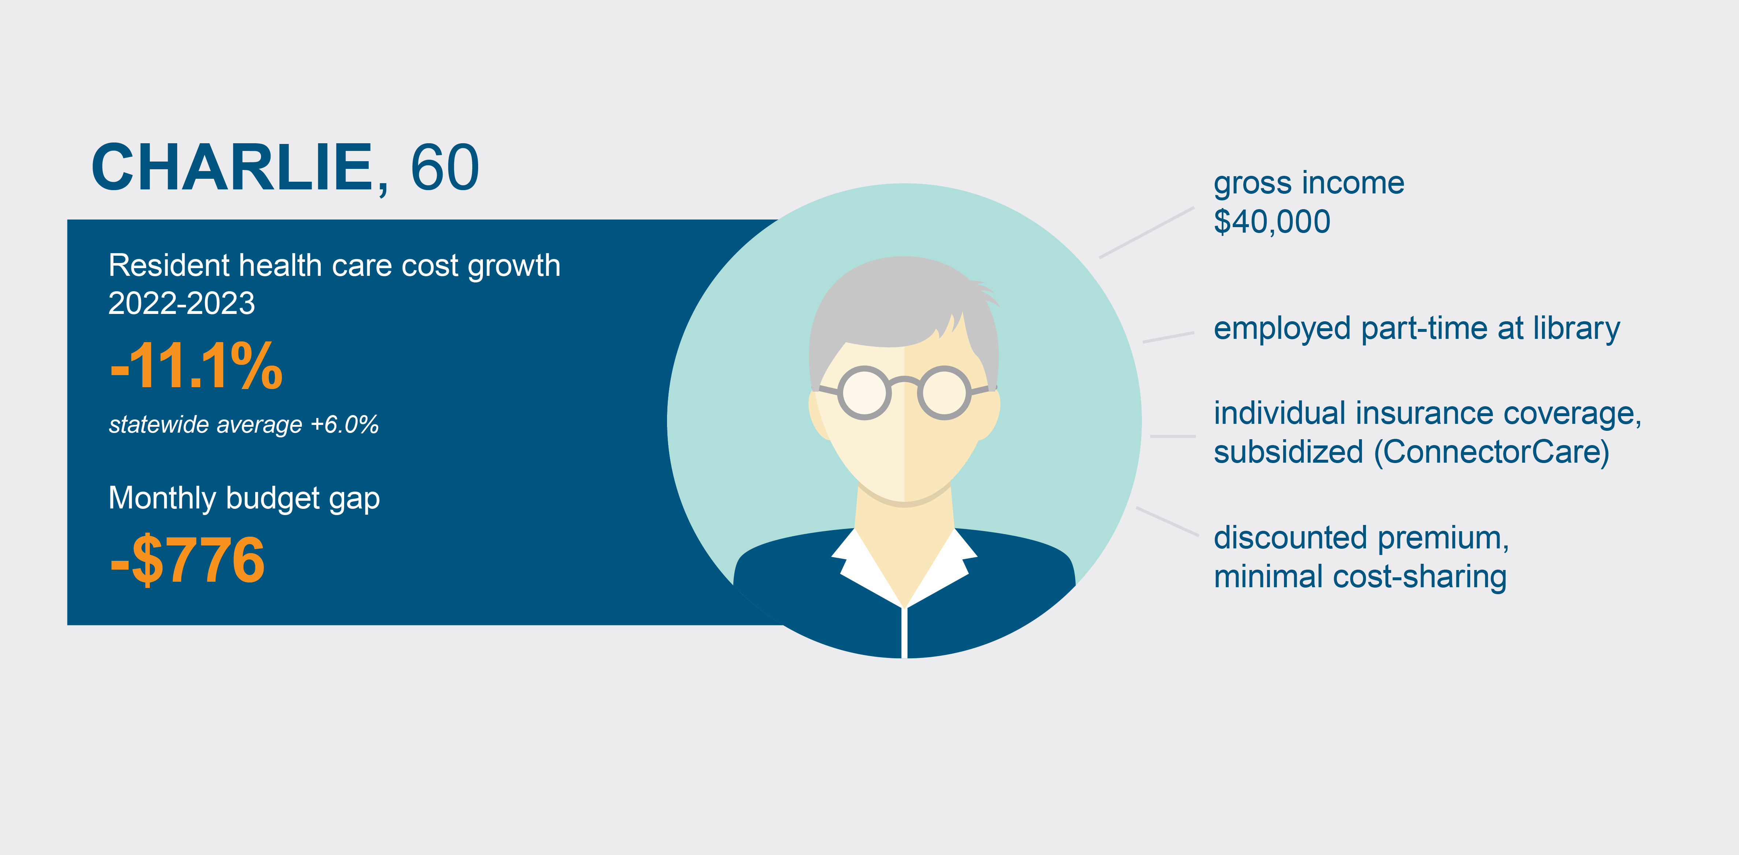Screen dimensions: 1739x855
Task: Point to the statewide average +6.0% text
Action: (244, 424)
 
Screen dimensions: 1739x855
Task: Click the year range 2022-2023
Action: (182, 303)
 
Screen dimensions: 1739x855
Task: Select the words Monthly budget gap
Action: (245, 499)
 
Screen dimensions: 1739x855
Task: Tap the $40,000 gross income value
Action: (1272, 222)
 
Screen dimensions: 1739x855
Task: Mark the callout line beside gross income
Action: (1146, 232)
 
